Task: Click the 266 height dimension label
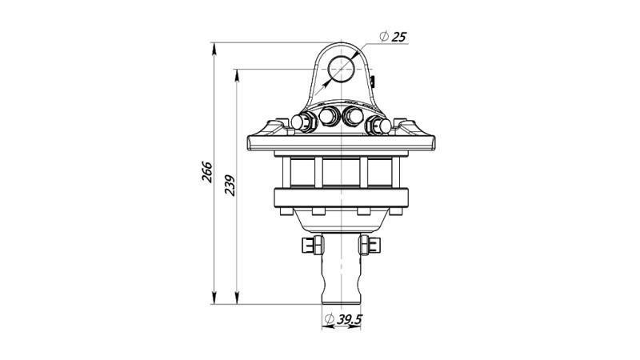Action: [206, 174]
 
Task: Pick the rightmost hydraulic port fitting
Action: [377, 125]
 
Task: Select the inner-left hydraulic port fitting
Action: [328, 118]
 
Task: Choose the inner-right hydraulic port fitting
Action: [352, 118]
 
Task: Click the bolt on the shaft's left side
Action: [312, 246]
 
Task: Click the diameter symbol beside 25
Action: [384, 37]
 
